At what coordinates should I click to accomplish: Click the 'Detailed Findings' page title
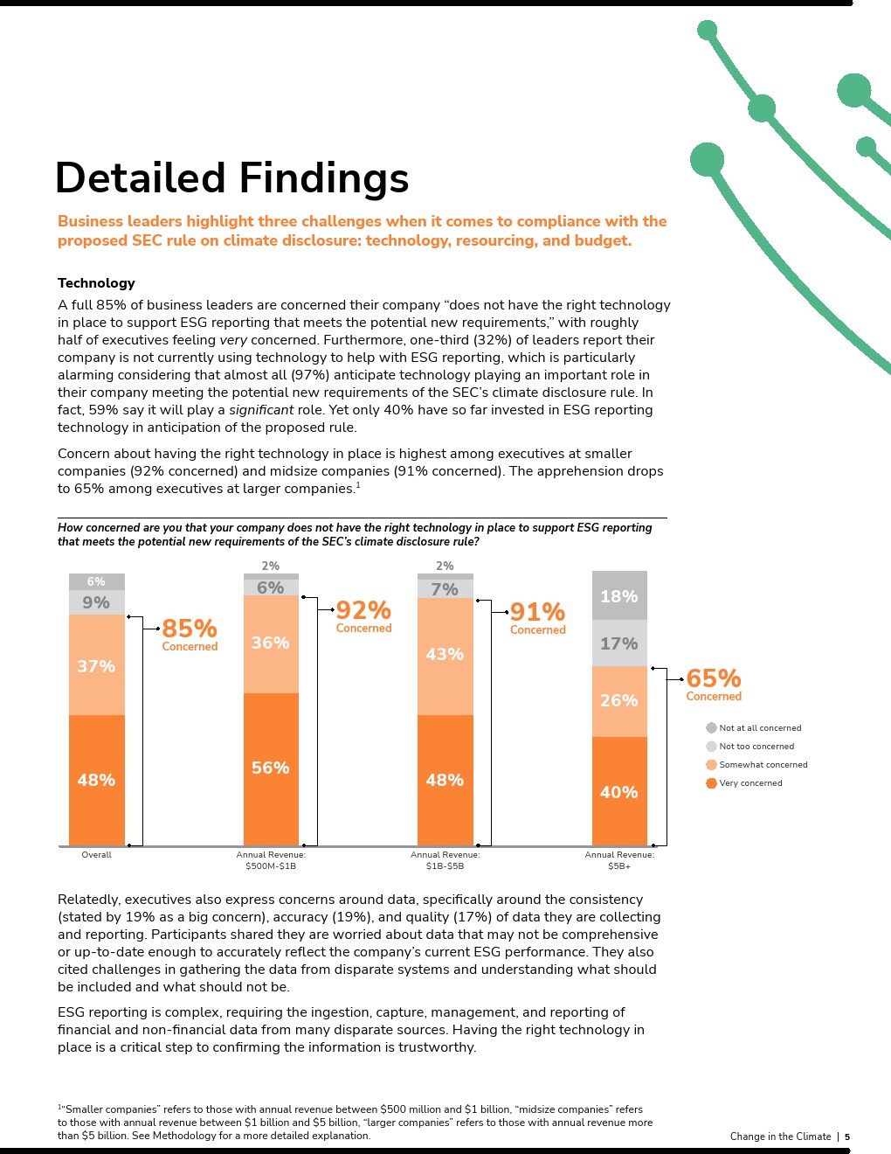[x=231, y=177]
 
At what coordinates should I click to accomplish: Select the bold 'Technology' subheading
[x=96, y=283]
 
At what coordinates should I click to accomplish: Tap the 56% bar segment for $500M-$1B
[x=271, y=768]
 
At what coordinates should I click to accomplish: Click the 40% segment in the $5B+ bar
[x=619, y=792]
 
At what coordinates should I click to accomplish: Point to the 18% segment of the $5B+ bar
[x=619, y=596]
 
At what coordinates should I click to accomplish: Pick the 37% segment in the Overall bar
[x=96, y=666]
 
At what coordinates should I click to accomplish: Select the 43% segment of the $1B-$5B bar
[x=445, y=654]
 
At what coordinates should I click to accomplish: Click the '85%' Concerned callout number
[x=190, y=629]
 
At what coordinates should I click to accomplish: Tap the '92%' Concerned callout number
[x=363, y=610]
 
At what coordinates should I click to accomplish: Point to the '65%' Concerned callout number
[x=714, y=678]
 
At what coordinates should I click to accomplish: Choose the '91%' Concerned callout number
[x=537, y=612]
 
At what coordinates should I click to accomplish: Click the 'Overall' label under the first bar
[x=96, y=855]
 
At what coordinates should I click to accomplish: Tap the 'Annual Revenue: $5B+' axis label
[x=619, y=860]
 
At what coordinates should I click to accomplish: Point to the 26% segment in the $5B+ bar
[x=619, y=700]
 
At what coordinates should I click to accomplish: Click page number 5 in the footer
[x=846, y=1137]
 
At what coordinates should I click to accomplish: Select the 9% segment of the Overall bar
[x=96, y=602]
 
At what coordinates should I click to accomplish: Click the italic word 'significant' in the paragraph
[x=261, y=410]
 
